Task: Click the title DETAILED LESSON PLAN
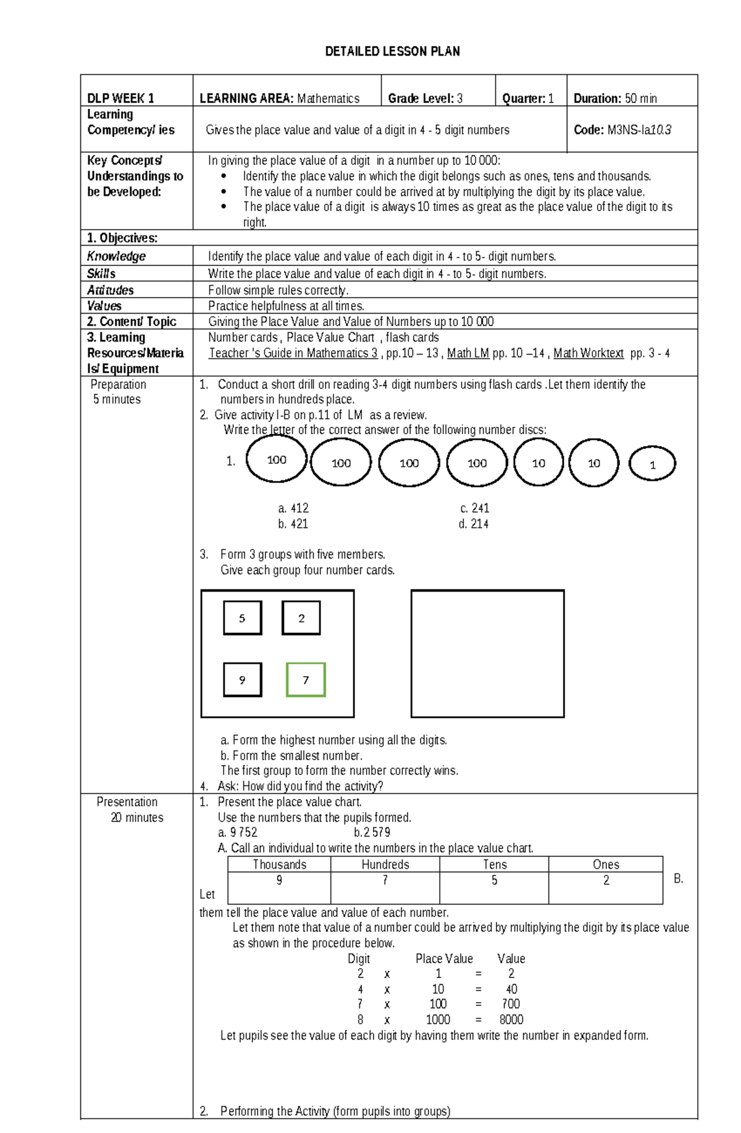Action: pyautogui.click(x=392, y=51)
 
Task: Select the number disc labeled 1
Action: pyautogui.click(x=652, y=464)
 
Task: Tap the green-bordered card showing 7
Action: pyautogui.click(x=306, y=680)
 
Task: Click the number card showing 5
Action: pyautogui.click(x=242, y=618)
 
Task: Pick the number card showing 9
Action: pyautogui.click(x=242, y=680)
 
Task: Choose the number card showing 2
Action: pyautogui.click(x=301, y=618)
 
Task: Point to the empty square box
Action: pyautogui.click(x=487, y=653)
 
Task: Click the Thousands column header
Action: pyautogui.click(x=279, y=864)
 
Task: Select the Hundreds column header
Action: pyautogui.click(x=385, y=864)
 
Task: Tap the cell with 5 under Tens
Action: pyautogui.click(x=494, y=880)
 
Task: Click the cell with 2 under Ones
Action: pyautogui.click(x=606, y=880)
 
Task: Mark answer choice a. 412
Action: pyautogui.click(x=293, y=508)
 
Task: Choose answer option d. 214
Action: pyautogui.click(x=474, y=524)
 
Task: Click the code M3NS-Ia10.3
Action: pyautogui.click(x=639, y=130)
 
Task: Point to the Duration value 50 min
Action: pyautogui.click(x=640, y=98)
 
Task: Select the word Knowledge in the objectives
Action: pyautogui.click(x=116, y=256)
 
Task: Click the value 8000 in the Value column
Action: pyautogui.click(x=511, y=1019)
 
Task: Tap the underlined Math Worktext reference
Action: pyautogui.click(x=588, y=353)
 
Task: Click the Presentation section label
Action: pyautogui.click(x=127, y=802)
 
